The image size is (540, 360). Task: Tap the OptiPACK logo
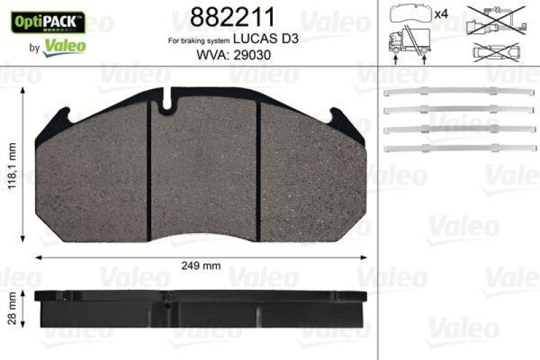coord(47,21)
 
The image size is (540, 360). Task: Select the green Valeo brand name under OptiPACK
coord(64,47)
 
